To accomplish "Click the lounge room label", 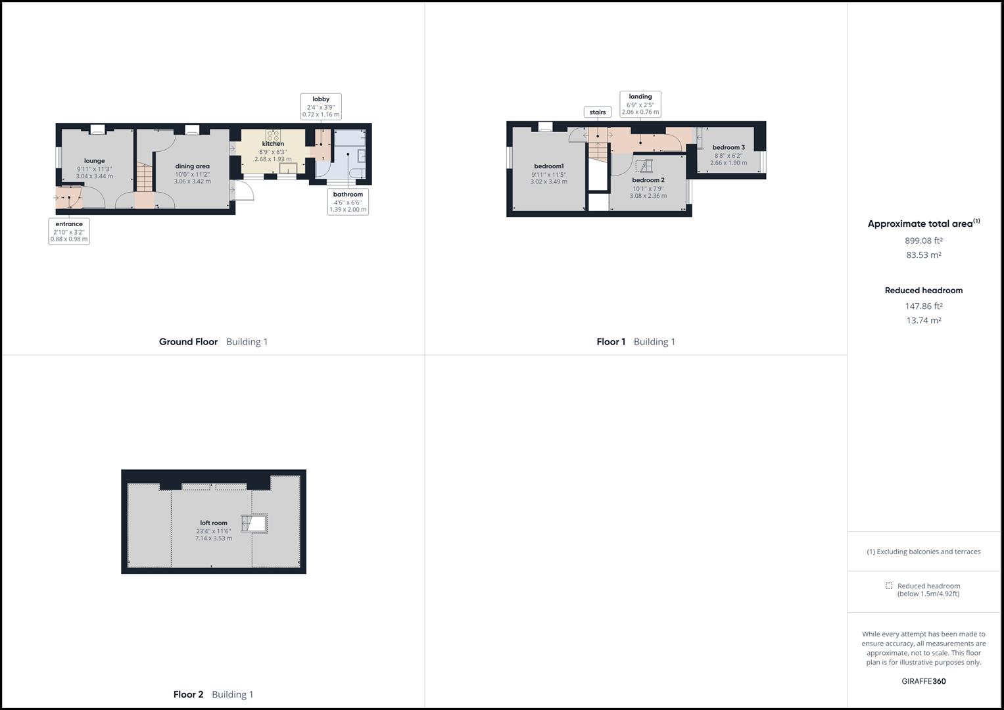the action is point(94,160).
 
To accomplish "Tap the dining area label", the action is point(192,166).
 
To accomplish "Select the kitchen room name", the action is point(273,143).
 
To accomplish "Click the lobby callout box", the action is point(321,106).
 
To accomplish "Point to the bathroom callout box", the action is point(348,202).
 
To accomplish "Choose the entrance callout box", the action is point(69,231).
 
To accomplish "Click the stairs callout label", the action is point(598,112).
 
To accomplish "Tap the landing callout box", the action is point(640,104).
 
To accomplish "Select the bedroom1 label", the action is point(548,166).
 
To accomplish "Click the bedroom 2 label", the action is point(648,180).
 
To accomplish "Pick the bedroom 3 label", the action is point(729,147).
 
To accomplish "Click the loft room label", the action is point(213,523).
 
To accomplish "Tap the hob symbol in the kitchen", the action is point(273,135).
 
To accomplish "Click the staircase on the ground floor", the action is point(145,177).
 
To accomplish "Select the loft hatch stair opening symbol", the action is point(254,523).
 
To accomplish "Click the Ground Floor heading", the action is point(188,342).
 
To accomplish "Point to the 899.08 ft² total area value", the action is point(923,241).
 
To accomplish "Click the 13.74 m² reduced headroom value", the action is point(923,320).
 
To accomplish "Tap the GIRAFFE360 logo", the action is point(923,681).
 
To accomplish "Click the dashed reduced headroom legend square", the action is point(889,586).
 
